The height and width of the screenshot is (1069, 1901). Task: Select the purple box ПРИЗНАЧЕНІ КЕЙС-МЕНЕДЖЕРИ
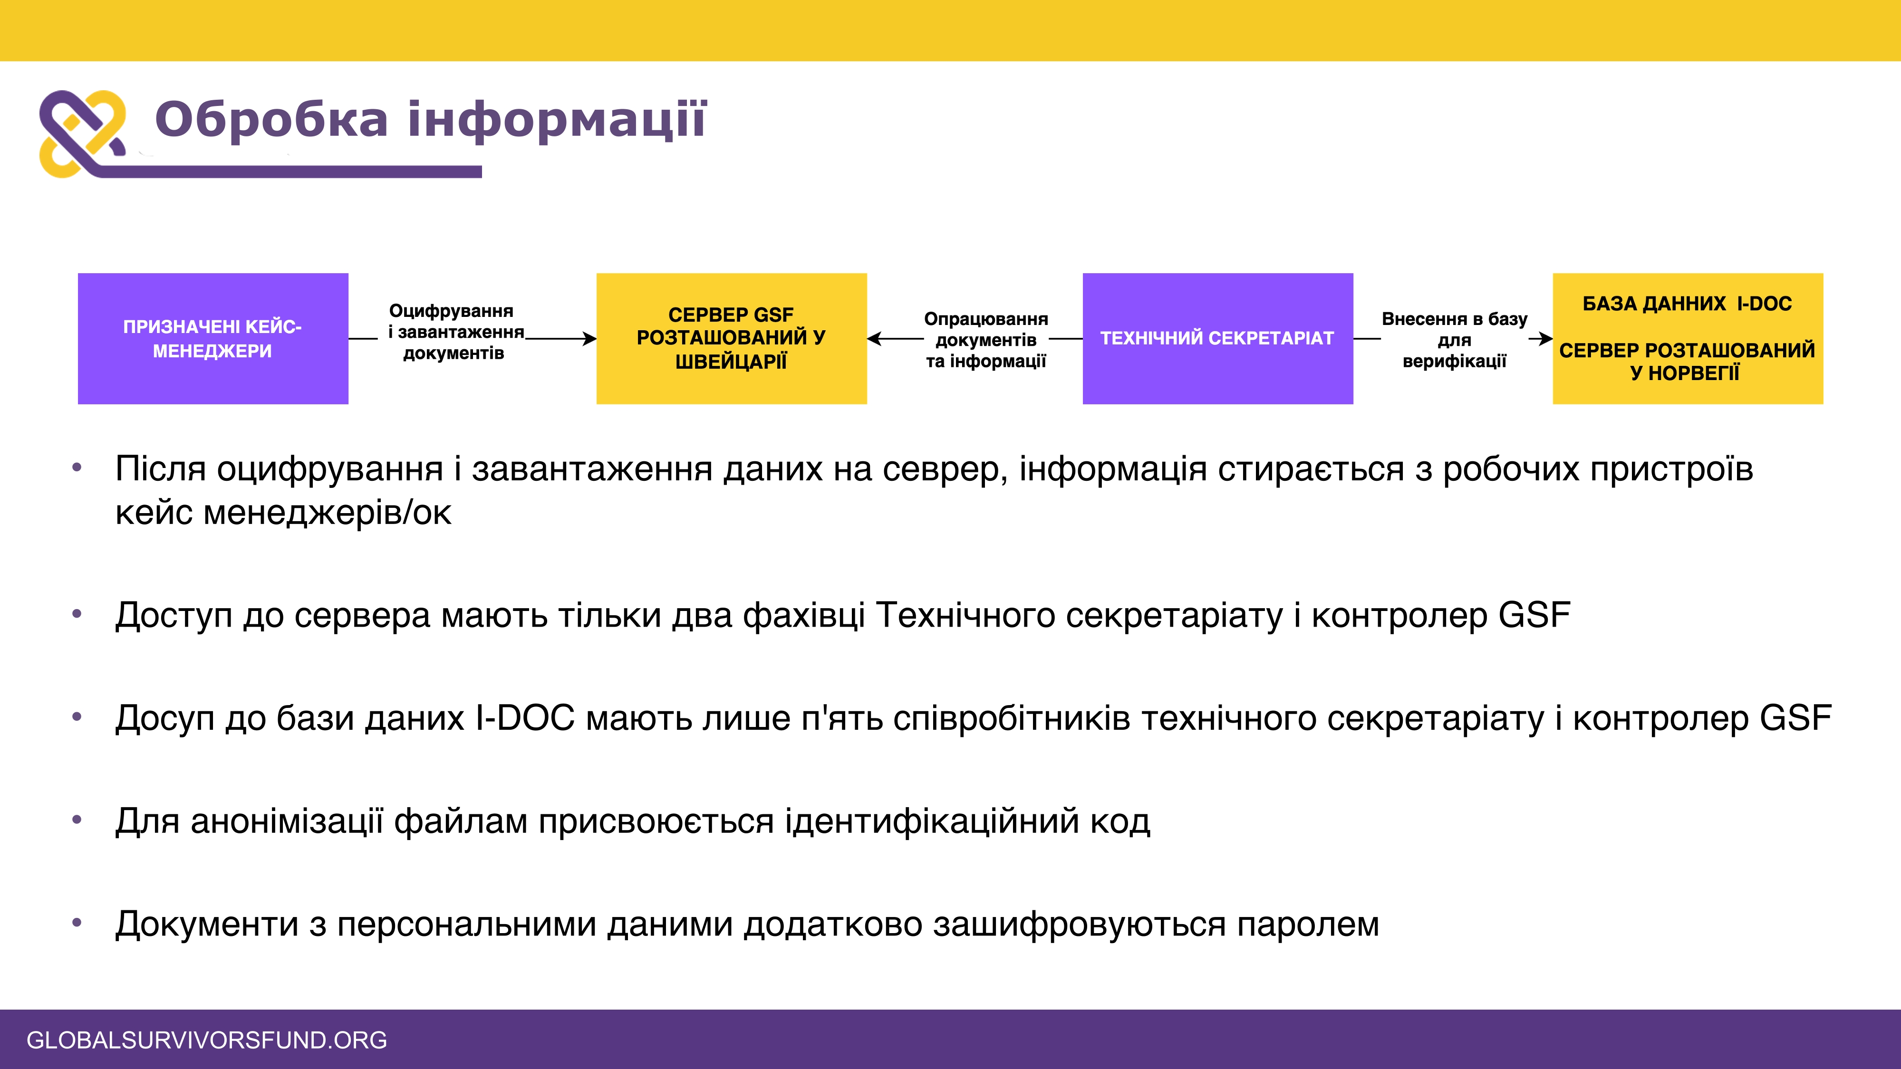[x=212, y=339]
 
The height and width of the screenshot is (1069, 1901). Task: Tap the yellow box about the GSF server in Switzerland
[x=731, y=339]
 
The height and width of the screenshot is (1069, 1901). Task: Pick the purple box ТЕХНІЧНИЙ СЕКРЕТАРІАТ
[x=1217, y=339]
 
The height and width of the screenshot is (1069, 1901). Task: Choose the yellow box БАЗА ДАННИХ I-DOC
[x=1688, y=339]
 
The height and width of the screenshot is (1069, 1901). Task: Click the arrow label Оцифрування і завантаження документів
[x=455, y=332]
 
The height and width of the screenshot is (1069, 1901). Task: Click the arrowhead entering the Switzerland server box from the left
[x=590, y=339]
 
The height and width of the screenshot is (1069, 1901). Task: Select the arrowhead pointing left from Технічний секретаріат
[x=874, y=339]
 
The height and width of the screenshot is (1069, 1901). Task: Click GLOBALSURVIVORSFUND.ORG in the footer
[x=207, y=1040]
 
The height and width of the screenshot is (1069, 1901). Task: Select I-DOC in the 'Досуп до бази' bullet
[x=525, y=718]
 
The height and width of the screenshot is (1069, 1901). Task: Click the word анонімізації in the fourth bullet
[x=287, y=821]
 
